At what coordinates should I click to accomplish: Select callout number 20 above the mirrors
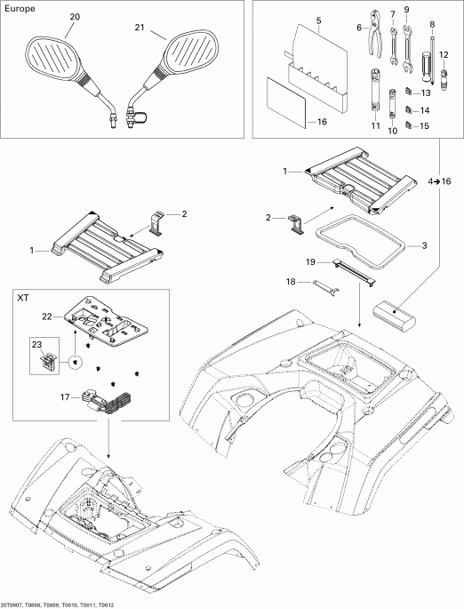(73, 17)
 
